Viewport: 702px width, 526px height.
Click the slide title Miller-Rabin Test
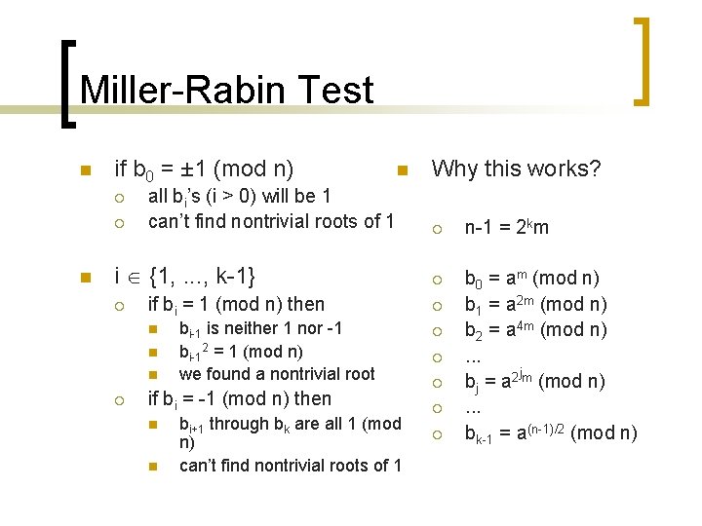pos(226,90)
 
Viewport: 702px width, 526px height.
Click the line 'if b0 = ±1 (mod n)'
pos(205,169)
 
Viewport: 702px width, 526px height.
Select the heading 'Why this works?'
pos(516,169)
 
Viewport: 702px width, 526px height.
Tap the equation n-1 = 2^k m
pos(506,227)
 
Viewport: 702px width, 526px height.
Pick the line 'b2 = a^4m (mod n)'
pos(535,328)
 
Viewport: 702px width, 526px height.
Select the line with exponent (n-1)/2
pos(550,432)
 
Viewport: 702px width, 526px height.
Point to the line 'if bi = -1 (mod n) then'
pos(239,398)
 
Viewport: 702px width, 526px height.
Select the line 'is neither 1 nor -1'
pos(260,328)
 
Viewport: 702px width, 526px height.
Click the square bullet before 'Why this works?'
pos(401,170)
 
